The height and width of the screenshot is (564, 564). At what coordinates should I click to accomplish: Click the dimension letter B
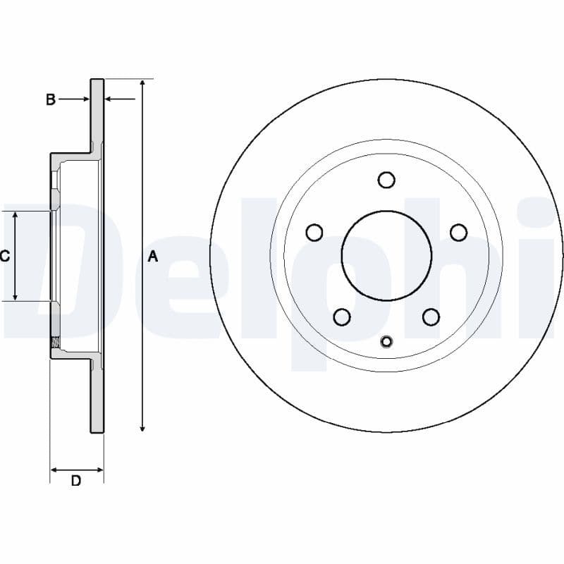[50, 99]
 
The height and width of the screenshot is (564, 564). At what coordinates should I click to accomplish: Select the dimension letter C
[4, 256]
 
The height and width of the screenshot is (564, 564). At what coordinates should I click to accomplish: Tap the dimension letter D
[76, 481]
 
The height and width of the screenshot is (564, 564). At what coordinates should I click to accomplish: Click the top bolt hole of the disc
[386, 180]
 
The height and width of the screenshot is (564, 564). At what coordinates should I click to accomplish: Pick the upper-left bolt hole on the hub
[314, 232]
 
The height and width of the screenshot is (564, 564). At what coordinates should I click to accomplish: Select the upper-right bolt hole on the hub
[458, 232]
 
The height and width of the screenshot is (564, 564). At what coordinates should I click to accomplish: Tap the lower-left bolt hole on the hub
[342, 317]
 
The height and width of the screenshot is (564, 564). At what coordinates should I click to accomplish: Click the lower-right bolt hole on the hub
[431, 317]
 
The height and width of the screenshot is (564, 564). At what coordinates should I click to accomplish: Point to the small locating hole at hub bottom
[386, 342]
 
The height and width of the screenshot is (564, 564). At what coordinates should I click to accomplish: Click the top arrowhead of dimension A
[142, 83]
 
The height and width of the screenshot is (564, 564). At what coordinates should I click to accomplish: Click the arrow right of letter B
[74, 99]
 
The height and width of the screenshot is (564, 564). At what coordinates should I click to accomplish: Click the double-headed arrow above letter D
[76, 469]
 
